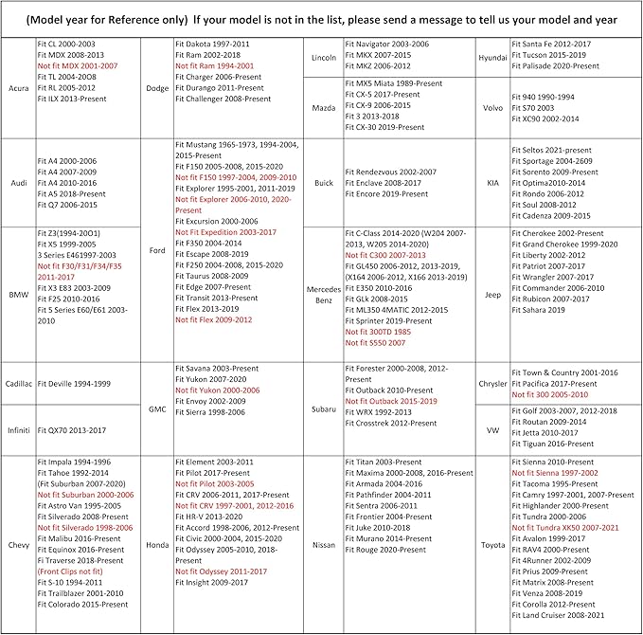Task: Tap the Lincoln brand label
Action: [x=324, y=58]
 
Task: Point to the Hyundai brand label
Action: [x=492, y=58]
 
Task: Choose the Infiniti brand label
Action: [x=18, y=429]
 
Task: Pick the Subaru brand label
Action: [x=324, y=409]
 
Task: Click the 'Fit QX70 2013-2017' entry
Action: [x=72, y=429]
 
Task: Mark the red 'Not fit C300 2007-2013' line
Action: [x=386, y=255]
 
